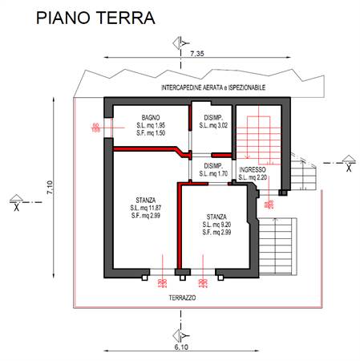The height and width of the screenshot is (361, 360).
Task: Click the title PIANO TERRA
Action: click(95, 18)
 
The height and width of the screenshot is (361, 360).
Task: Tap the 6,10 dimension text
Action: click(182, 348)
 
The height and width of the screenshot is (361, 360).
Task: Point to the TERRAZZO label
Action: click(183, 298)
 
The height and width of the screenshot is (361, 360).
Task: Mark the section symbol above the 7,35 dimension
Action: click(184, 41)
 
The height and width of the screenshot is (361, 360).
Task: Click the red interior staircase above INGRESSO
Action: click(258, 133)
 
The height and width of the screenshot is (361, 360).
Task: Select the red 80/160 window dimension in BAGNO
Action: click(95, 127)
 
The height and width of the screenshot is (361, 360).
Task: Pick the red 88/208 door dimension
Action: click(267, 206)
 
